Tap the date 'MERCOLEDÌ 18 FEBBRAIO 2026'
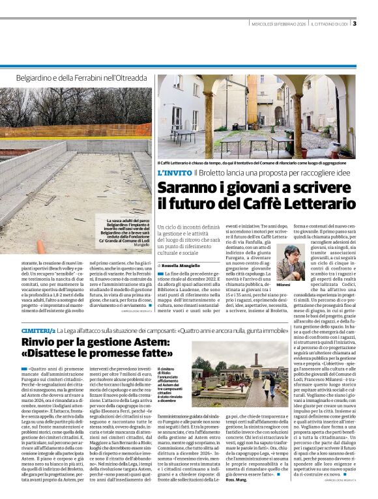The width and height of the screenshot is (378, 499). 278,25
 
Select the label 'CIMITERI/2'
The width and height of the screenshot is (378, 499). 37,331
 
